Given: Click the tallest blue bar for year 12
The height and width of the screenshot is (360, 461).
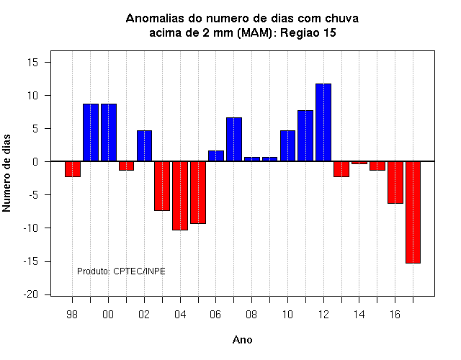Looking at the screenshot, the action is pos(323,122).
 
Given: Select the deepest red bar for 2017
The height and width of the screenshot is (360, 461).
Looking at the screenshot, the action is pos(413,212).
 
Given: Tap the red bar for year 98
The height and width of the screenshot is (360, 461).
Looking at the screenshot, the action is pos(73,169).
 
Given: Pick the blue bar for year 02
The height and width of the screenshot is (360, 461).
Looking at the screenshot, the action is pos(144,145).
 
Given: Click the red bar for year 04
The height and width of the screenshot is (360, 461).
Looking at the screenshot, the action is pos(180,196).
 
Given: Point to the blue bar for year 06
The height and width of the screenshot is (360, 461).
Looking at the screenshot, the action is pos(216,156).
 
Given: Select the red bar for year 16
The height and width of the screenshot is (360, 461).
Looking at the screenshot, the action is pos(395,182).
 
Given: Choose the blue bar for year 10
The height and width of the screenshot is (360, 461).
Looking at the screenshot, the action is pos(288,145).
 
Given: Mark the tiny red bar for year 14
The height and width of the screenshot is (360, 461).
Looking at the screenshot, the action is pos(359,163).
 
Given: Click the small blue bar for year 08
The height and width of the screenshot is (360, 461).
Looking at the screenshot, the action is pos(252,159).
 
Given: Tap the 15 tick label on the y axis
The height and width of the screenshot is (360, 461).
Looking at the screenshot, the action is pos(33,63).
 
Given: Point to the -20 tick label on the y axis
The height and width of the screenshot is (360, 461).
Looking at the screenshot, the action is pos(31,294).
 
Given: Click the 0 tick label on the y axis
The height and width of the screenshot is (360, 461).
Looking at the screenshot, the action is pos(35,161).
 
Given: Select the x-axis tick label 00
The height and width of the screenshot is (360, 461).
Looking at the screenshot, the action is pos(108,315).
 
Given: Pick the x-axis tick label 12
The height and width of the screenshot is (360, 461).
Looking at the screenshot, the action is pos(323,315).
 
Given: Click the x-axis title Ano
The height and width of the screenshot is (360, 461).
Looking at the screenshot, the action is pos(242,340).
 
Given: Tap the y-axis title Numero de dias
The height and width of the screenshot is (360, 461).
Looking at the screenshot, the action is pos(6,173).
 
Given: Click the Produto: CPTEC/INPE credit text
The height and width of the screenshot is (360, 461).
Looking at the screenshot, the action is pos(121,271).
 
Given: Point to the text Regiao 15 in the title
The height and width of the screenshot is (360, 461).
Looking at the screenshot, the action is pos(308,32).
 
